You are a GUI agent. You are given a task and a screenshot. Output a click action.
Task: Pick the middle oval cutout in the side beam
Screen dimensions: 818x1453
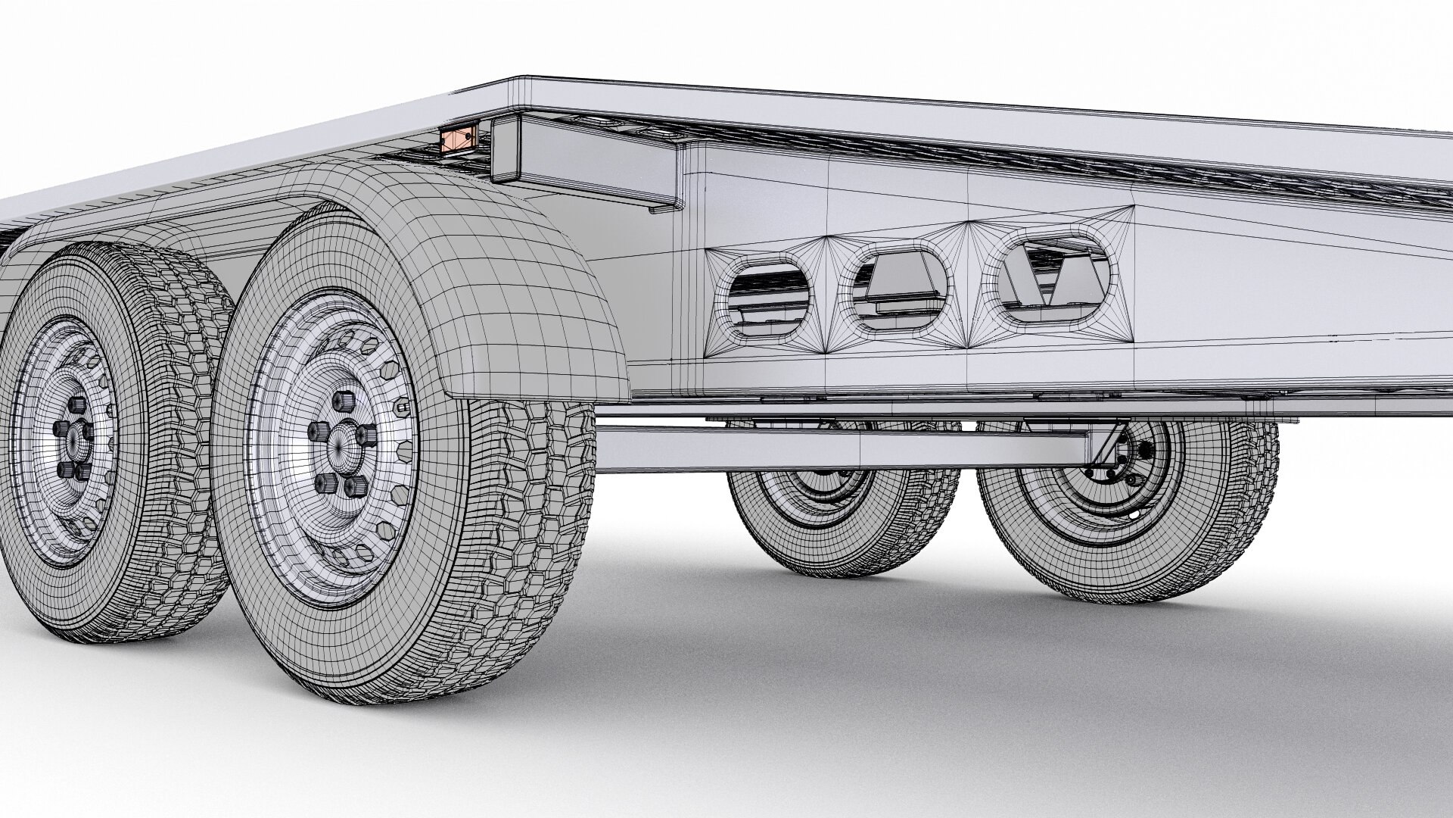[900, 290]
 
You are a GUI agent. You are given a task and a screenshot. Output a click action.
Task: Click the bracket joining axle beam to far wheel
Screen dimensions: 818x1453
[1106, 451]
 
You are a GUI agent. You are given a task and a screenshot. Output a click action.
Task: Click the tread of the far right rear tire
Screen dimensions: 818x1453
[1249, 492]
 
